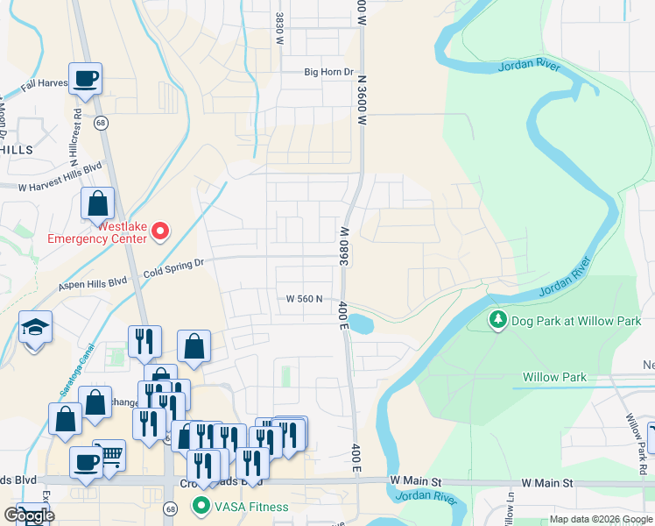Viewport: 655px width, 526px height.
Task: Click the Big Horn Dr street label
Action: point(328,72)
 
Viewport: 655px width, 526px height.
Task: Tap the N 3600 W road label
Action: point(361,102)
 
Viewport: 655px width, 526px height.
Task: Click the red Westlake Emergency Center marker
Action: point(160,231)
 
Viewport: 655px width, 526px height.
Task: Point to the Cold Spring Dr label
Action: point(173,267)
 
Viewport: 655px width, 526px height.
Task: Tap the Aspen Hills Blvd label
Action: point(93,282)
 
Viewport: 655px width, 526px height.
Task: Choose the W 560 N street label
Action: point(305,299)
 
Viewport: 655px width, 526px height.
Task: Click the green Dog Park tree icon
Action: point(498,321)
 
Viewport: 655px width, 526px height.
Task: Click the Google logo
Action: point(29,515)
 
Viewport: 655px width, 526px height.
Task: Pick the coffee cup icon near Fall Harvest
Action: point(86,79)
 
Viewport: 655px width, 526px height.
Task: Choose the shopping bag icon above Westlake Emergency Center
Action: point(97,203)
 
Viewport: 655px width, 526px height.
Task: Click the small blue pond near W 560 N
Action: point(362,325)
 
